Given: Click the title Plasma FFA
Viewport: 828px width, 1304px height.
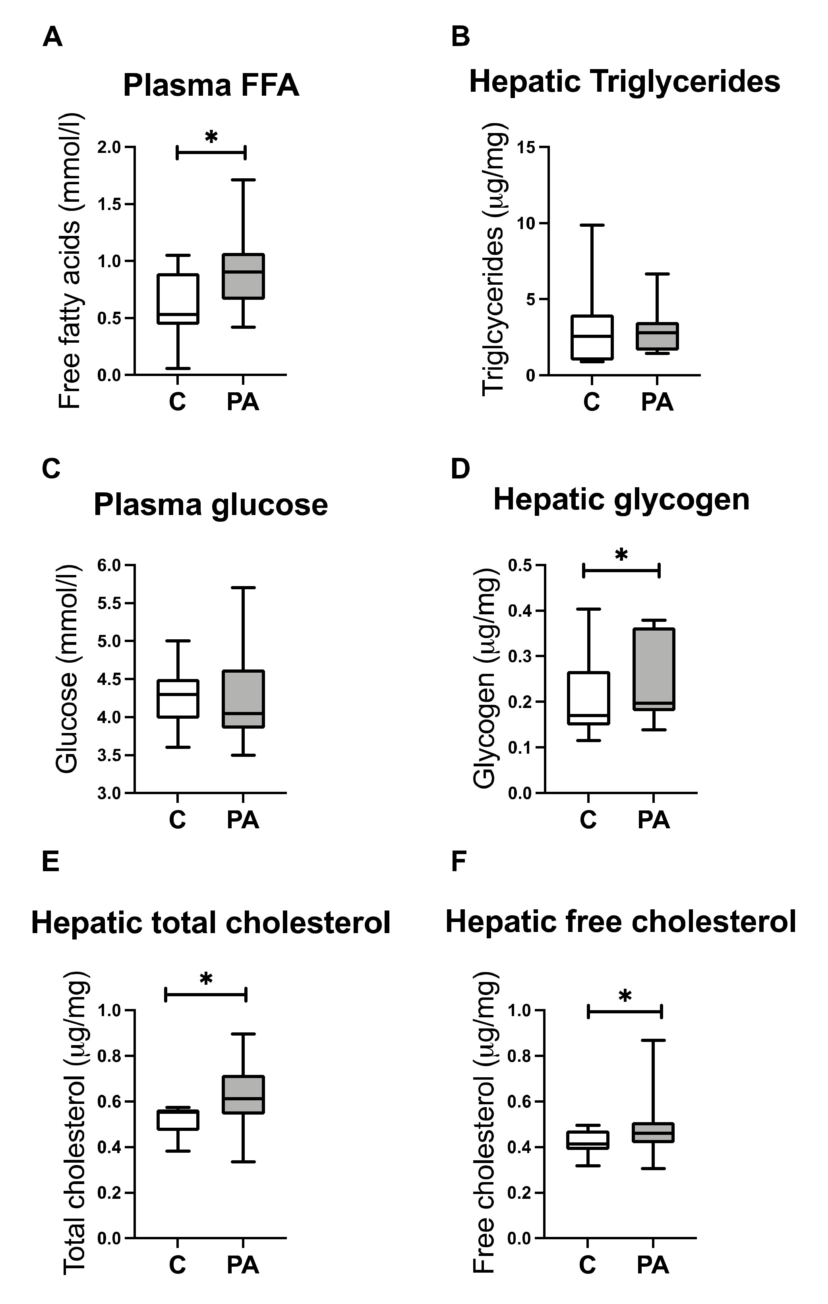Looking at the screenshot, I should tap(211, 85).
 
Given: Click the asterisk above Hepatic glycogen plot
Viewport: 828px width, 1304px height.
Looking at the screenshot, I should tap(621, 556).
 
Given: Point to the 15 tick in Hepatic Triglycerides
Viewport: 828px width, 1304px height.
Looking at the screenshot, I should tap(524, 147).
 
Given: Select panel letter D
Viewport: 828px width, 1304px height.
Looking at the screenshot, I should tap(460, 469).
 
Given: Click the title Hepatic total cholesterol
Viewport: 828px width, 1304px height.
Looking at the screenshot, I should tap(211, 923).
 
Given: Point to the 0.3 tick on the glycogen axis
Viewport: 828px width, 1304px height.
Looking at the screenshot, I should tap(520, 656).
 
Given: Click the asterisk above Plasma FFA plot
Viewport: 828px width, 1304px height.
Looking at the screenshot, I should tap(211, 137).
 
